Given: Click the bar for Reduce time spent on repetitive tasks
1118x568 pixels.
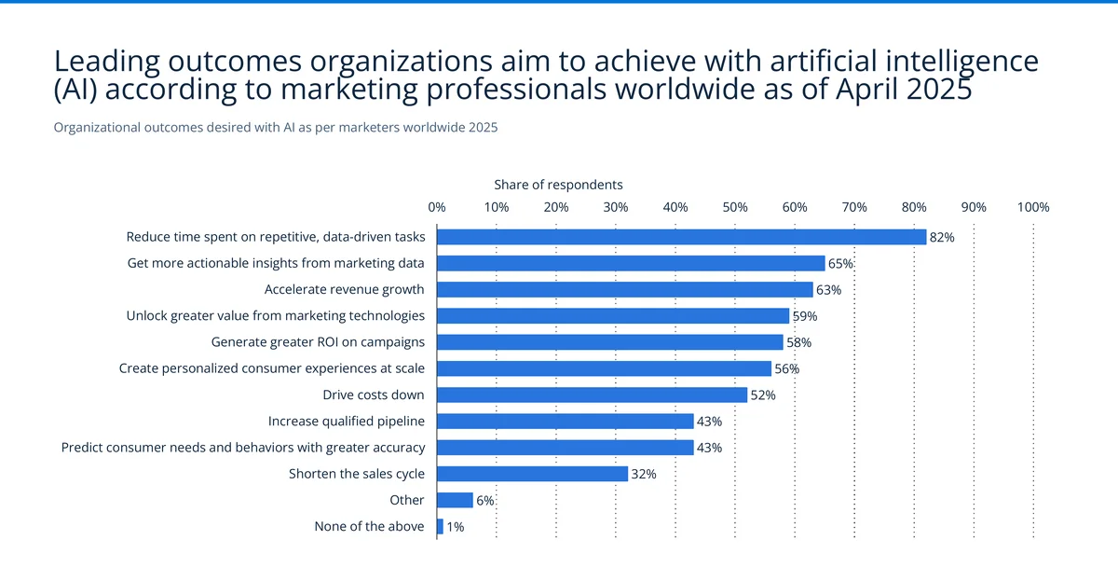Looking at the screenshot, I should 681,237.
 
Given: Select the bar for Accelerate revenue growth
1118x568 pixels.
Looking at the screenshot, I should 624,289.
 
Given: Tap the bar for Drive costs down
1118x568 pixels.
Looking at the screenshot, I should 592,395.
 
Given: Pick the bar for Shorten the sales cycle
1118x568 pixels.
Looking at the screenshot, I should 532,474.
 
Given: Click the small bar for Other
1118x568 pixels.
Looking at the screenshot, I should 455,500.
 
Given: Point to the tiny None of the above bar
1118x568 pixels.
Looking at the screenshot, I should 440,527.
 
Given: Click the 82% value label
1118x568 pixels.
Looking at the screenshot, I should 942,238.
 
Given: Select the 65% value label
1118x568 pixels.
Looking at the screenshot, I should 840,264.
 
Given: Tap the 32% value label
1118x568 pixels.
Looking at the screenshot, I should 644,474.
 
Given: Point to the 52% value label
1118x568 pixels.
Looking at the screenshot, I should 763,395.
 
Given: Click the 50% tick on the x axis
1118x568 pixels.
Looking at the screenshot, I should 735,207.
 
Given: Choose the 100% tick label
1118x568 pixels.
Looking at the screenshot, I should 1033,207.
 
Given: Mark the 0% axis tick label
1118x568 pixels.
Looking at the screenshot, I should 436,207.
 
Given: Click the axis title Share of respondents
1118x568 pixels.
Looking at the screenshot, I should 558,185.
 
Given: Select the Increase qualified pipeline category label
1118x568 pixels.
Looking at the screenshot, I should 346,422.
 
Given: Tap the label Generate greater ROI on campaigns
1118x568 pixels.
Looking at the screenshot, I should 318,342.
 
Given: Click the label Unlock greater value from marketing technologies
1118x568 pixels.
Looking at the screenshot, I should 275,316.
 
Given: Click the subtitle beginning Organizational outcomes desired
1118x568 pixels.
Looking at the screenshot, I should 276,128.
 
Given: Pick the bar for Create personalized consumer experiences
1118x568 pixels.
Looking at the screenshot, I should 604,368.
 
